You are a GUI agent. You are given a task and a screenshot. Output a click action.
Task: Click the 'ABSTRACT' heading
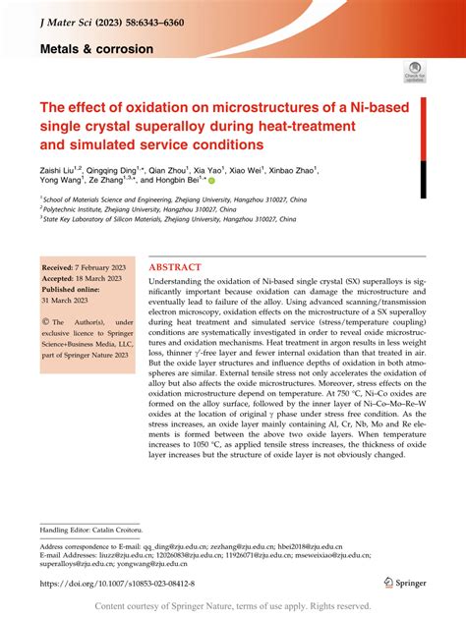(x=175, y=266)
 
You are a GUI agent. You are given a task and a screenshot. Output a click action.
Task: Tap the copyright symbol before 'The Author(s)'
(x=45, y=321)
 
